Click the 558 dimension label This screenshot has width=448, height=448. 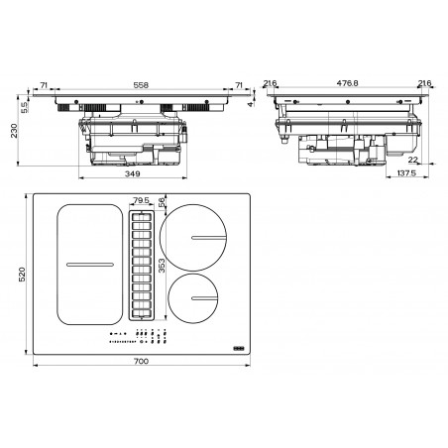tap(141, 85)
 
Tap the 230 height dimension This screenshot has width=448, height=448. tap(14, 131)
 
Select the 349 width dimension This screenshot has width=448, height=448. tap(133, 173)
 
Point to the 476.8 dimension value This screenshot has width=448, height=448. tap(347, 83)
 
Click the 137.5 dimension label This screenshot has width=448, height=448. tap(406, 172)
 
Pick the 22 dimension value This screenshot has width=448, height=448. tap(413, 160)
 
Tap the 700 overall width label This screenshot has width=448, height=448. tap(141, 361)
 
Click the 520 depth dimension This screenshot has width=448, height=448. tap(22, 275)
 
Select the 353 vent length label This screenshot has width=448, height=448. tap(162, 266)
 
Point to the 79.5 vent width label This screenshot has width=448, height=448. tap(141, 200)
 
